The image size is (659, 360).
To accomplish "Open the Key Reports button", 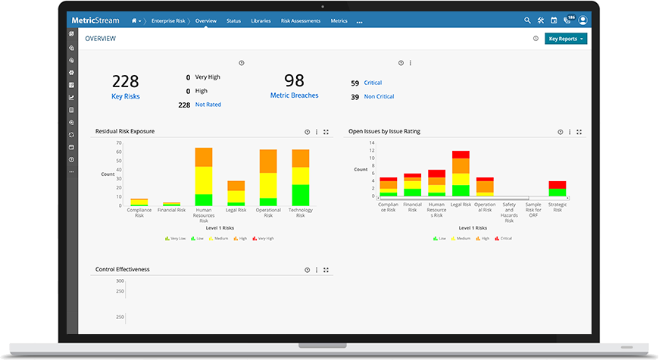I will point(566,39).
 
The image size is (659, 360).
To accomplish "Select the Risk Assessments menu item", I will point(300,21).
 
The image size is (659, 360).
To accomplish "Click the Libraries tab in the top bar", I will point(261,21).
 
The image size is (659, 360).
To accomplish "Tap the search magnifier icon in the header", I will point(528,20).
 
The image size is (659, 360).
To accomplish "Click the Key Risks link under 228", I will point(126,96).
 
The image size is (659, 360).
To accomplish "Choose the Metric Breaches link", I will point(294,95).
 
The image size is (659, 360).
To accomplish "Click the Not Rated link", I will point(208,105).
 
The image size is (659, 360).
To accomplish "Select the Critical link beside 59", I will point(373,83).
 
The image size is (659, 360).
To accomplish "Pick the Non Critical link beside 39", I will point(379,96).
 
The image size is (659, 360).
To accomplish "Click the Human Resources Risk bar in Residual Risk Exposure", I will point(204,177).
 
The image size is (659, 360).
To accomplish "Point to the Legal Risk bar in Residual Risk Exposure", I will point(236,193).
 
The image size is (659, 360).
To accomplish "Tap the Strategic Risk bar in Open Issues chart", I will point(557,189).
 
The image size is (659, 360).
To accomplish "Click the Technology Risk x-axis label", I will point(301,213).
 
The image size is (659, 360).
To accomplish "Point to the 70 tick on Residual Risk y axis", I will point(119,142).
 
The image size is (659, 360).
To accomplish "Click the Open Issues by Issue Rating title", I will point(384,131).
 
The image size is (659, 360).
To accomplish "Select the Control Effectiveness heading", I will point(122,269).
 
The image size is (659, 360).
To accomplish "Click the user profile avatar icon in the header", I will point(582,20).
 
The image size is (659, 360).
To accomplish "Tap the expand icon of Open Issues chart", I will point(579,132).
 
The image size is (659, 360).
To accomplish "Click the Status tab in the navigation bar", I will point(233,21).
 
